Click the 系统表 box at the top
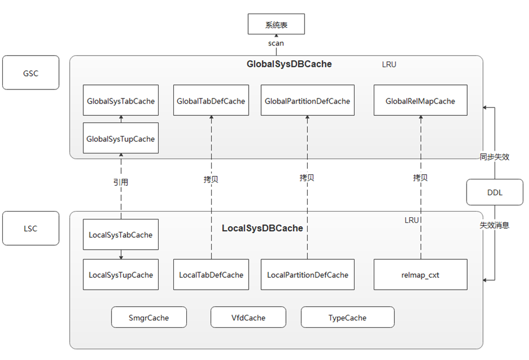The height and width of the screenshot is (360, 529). pos(276,25)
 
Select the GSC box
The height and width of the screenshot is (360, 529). pos(31,73)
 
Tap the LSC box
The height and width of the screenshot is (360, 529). pos(31,228)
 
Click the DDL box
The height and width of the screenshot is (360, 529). pos(495,192)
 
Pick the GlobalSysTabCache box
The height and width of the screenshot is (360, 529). pos(120,101)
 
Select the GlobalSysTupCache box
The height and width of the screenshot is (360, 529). pos(120,138)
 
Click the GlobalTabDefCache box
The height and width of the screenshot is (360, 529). pos(211,101)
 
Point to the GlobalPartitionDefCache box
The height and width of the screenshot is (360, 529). pos(307,101)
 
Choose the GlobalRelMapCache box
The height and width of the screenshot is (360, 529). pos(420,101)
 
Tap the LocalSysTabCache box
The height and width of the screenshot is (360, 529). pos(120,235)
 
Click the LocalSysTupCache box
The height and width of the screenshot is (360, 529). pos(120,275)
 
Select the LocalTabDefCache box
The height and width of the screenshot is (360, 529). pos(211,275)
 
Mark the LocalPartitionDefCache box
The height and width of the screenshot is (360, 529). pos(307,275)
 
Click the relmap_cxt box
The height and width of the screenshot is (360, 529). pos(420,275)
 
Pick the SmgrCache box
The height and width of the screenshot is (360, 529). pos(149,318)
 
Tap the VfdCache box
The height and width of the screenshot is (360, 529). pos(248,318)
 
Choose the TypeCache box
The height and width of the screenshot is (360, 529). pos(347,318)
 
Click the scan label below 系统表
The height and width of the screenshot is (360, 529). pos(276,43)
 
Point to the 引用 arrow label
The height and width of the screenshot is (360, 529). pos(120,182)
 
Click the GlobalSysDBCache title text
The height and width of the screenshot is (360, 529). pos(289,64)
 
